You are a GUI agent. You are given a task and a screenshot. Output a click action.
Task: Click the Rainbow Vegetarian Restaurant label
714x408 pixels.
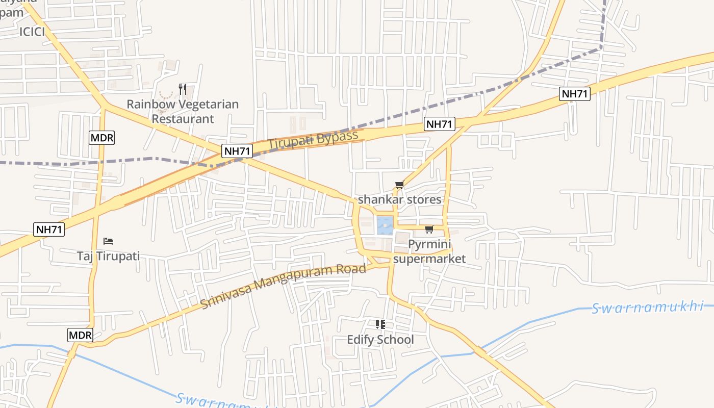click(183, 112)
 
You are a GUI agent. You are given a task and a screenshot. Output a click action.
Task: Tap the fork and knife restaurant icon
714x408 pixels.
click(182, 89)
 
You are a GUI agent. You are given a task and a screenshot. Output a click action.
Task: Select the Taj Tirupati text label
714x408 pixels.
click(108, 256)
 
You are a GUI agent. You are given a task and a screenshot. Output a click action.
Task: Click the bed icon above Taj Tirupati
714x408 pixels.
click(108, 241)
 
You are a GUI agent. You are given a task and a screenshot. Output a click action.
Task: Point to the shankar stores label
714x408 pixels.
click(399, 199)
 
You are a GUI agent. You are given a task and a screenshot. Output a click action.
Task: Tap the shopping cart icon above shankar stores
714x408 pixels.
click(399, 185)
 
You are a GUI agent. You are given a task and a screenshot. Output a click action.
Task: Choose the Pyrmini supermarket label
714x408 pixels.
click(429, 251)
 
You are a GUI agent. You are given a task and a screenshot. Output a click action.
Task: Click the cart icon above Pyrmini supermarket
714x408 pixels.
click(429, 229)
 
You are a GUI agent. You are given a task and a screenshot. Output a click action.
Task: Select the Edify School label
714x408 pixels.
click(380, 340)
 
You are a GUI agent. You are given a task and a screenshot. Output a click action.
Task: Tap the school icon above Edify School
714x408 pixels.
click(380, 324)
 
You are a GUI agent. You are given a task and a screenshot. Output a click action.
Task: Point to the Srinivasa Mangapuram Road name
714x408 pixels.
click(284, 286)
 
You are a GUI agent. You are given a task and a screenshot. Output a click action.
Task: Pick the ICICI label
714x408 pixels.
click(32, 32)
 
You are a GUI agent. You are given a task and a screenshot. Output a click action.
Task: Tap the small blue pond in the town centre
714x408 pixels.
click(385, 225)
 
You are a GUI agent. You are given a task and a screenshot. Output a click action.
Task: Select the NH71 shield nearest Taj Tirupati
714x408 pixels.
click(49, 229)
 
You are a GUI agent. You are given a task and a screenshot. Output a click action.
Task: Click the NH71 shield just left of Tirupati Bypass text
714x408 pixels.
click(238, 150)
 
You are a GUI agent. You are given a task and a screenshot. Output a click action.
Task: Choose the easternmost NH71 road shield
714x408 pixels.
click(575, 94)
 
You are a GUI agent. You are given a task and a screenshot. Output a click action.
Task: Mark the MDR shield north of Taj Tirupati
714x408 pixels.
click(102, 137)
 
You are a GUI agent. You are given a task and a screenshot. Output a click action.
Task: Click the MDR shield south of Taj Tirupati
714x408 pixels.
click(81, 335)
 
